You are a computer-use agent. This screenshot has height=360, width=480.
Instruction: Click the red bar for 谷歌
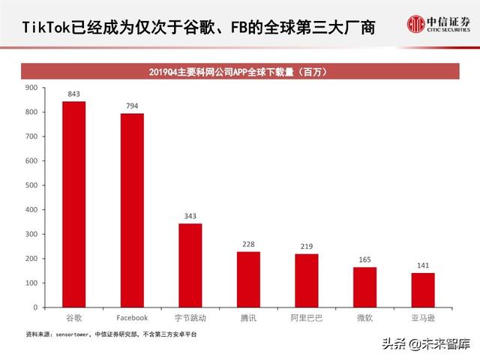[73, 204]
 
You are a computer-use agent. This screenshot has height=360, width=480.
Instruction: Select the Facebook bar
[132, 210]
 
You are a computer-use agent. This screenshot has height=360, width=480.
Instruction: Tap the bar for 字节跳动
[190, 265]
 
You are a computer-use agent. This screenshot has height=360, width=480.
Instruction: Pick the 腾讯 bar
[248, 279]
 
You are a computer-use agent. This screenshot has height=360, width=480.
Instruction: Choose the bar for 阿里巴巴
[306, 280]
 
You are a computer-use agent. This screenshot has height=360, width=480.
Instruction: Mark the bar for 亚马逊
[423, 290]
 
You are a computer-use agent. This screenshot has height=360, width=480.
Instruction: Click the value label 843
[73, 94]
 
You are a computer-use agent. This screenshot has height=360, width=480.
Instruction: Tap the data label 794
[132, 106]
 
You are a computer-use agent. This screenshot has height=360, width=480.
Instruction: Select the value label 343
[190, 217]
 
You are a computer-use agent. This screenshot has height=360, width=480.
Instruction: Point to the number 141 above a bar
[423, 265]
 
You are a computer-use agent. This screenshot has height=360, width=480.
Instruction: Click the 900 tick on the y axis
[31, 88]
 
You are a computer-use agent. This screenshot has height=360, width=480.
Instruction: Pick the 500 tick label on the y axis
[31, 185]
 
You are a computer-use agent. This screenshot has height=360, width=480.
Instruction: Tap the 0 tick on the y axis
[34, 307]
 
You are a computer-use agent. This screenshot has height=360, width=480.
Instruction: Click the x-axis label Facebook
[132, 318]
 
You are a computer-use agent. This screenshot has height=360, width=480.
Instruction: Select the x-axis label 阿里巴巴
[306, 318]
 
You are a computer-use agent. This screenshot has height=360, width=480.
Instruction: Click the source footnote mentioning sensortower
[112, 333]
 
